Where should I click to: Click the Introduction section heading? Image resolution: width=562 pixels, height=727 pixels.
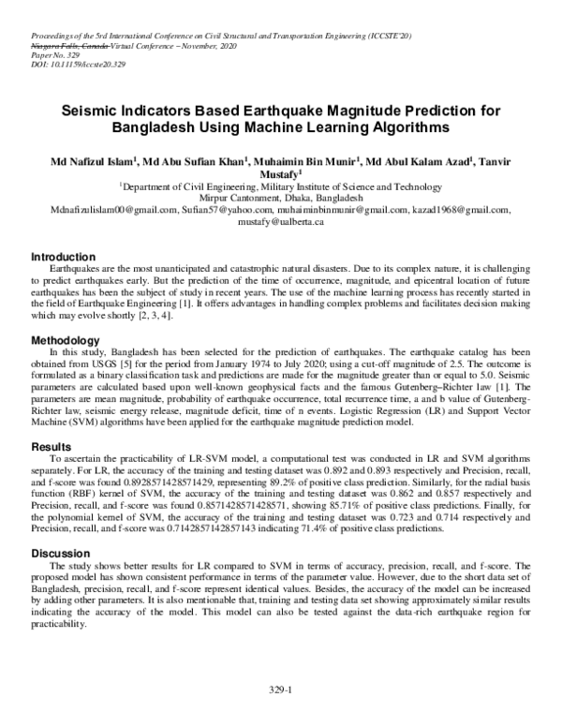click(x=63, y=257)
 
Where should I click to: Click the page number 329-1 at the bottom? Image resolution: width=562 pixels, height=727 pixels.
click(x=281, y=690)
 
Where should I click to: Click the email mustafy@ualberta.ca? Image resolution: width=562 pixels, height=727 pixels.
click(x=281, y=222)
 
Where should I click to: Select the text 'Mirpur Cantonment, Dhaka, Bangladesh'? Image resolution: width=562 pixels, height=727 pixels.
click(x=281, y=199)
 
